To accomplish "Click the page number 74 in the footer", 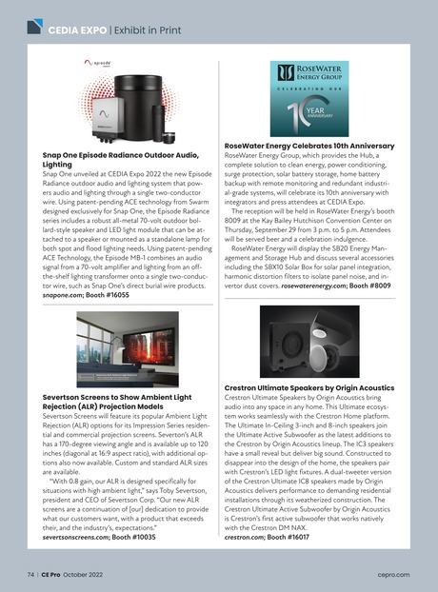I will pyautogui.click(x=31, y=575).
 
